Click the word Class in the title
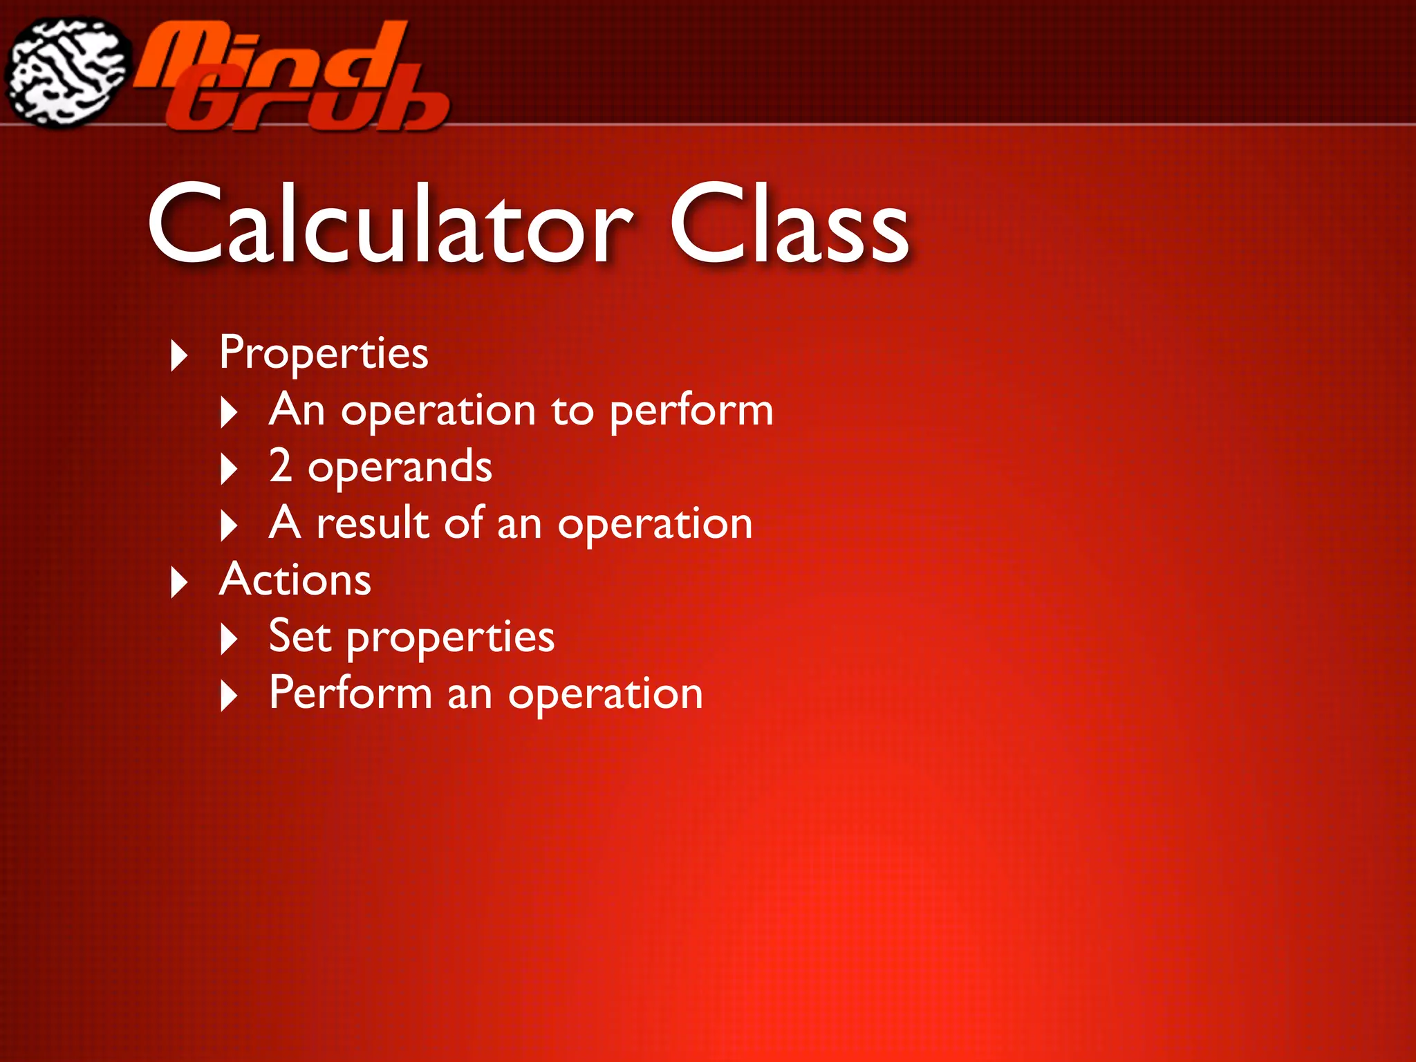click(789, 225)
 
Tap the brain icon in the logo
click(67, 73)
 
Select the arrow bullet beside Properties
click(179, 355)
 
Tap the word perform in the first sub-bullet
click(691, 411)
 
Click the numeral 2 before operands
click(280, 466)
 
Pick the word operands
click(400, 468)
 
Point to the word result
click(373, 523)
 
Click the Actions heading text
click(295, 579)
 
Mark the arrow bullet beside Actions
click(179, 582)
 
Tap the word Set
click(299, 636)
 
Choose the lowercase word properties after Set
click(450, 638)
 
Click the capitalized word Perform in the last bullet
click(351, 693)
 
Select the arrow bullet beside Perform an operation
click(229, 696)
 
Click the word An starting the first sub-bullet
click(297, 410)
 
